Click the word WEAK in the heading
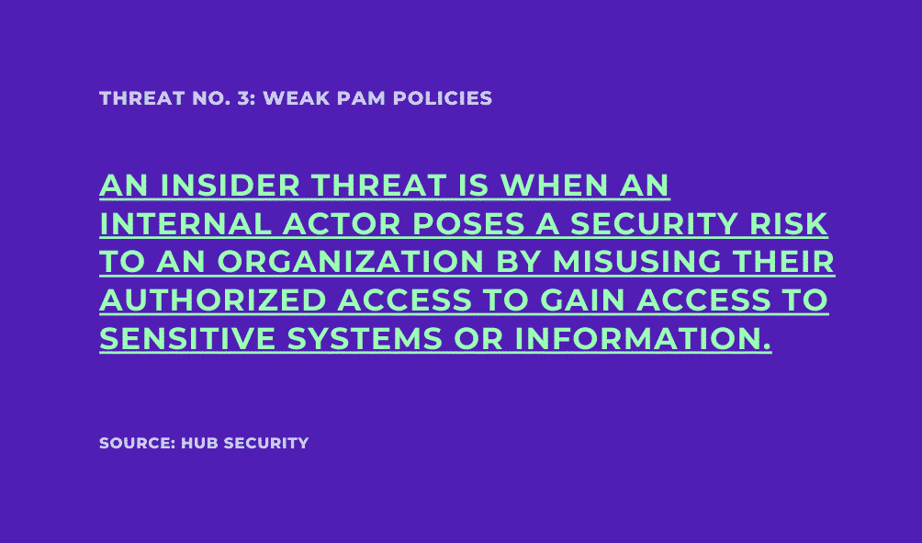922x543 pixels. coord(297,98)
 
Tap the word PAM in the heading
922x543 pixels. coord(361,98)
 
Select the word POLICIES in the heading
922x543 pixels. coord(443,98)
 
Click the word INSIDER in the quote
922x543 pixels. coord(230,186)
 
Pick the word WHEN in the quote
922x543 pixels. coord(554,186)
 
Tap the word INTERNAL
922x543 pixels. coord(186,224)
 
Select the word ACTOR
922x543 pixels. coord(342,224)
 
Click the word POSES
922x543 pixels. coord(468,224)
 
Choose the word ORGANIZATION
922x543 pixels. coord(351,262)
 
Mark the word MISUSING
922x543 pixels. coord(636,262)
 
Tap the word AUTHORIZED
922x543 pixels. coord(213,300)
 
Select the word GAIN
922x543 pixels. coord(582,300)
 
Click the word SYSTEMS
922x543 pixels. coord(364,339)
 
